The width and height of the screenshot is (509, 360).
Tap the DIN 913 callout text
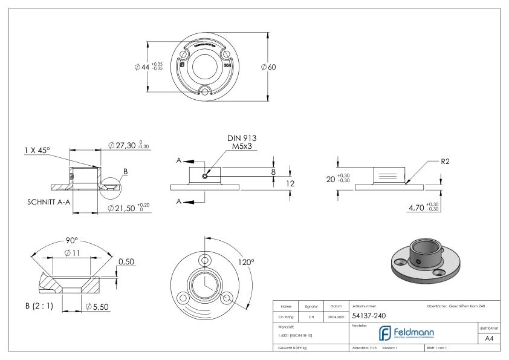[242, 138]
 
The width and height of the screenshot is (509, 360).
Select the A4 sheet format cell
[490, 339]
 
